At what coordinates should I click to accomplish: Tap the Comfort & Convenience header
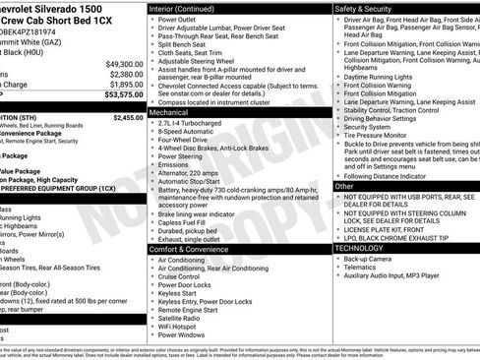tap(188, 248)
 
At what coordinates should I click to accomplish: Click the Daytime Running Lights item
tap(385, 75)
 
